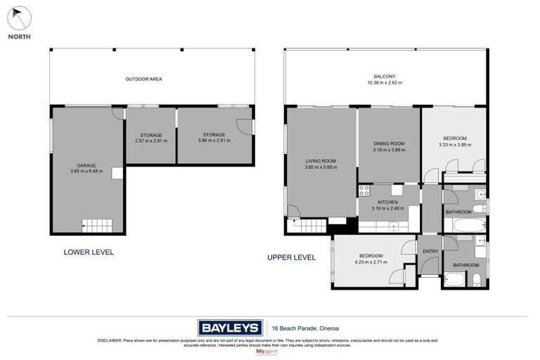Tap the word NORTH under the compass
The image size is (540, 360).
click(19, 37)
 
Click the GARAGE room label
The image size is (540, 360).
click(86, 166)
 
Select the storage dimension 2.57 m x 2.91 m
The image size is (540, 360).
click(150, 141)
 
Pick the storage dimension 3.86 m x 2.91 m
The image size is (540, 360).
click(214, 141)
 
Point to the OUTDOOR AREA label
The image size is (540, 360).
click(143, 79)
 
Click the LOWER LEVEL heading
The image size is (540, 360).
click(89, 252)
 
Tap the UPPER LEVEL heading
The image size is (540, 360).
click(291, 257)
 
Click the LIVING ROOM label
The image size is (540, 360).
click(321, 161)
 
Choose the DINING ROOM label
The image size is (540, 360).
click(389, 144)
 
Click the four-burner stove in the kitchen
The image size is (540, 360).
click(364, 190)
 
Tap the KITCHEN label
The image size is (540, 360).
click(388, 202)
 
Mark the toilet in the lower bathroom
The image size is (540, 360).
click(477, 281)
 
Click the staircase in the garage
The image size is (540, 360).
click(98, 226)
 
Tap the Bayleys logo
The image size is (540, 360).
click(230, 327)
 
